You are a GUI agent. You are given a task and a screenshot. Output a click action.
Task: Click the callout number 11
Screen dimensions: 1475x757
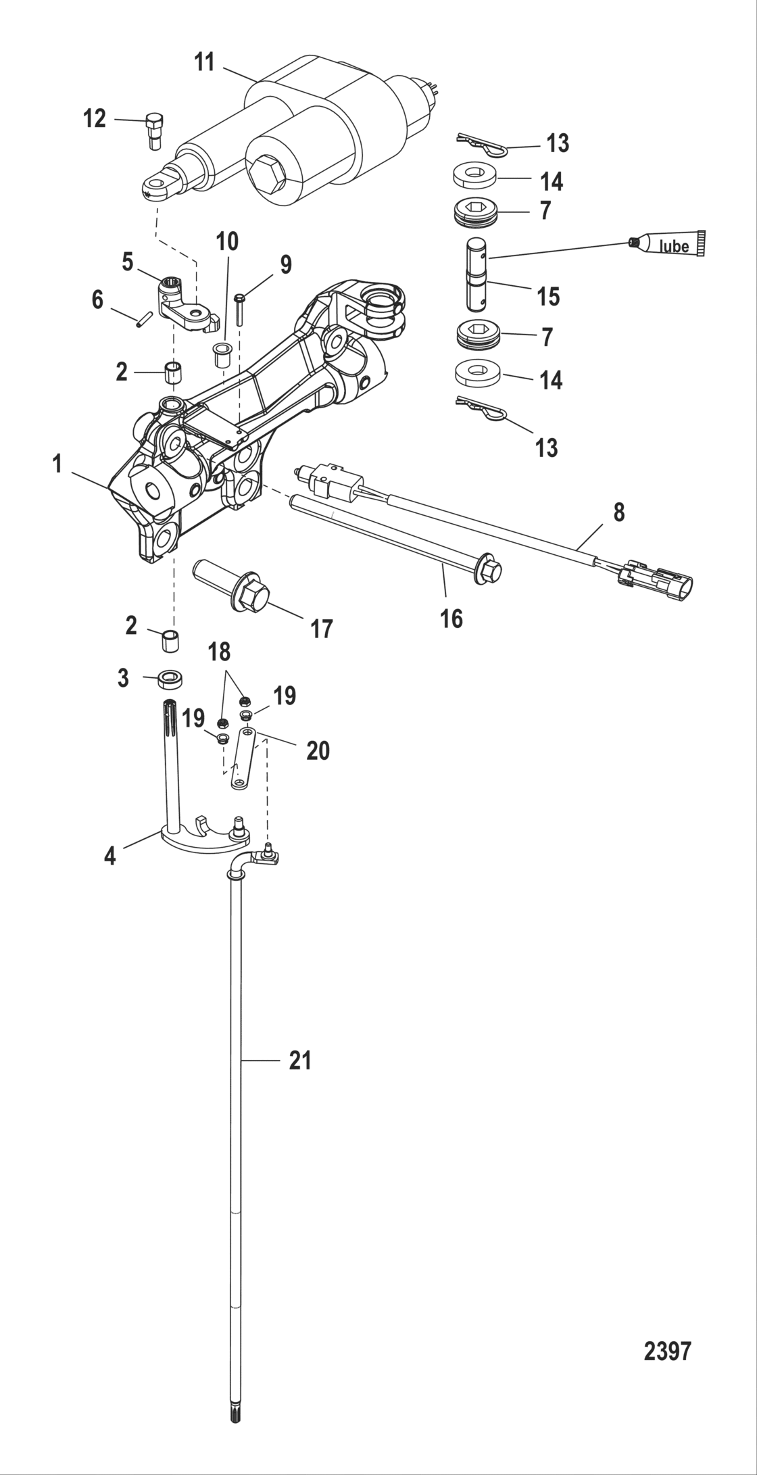pyautogui.click(x=204, y=62)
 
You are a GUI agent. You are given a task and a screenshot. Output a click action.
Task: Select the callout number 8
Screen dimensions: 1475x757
pyautogui.click(x=618, y=513)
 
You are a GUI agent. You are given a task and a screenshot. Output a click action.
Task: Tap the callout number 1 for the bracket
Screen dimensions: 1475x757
pyautogui.click(x=57, y=464)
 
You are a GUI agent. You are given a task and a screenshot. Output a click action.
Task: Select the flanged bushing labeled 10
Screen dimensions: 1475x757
pyautogui.click(x=221, y=354)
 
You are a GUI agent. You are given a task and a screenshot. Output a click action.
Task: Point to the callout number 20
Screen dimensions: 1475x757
pyautogui.click(x=318, y=750)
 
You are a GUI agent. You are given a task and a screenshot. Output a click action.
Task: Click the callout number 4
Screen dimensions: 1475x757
pyautogui.click(x=109, y=856)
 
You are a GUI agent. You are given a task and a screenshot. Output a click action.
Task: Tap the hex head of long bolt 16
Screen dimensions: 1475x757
pyautogui.click(x=491, y=570)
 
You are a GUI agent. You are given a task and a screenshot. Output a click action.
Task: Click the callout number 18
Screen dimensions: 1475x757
pyautogui.click(x=219, y=652)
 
